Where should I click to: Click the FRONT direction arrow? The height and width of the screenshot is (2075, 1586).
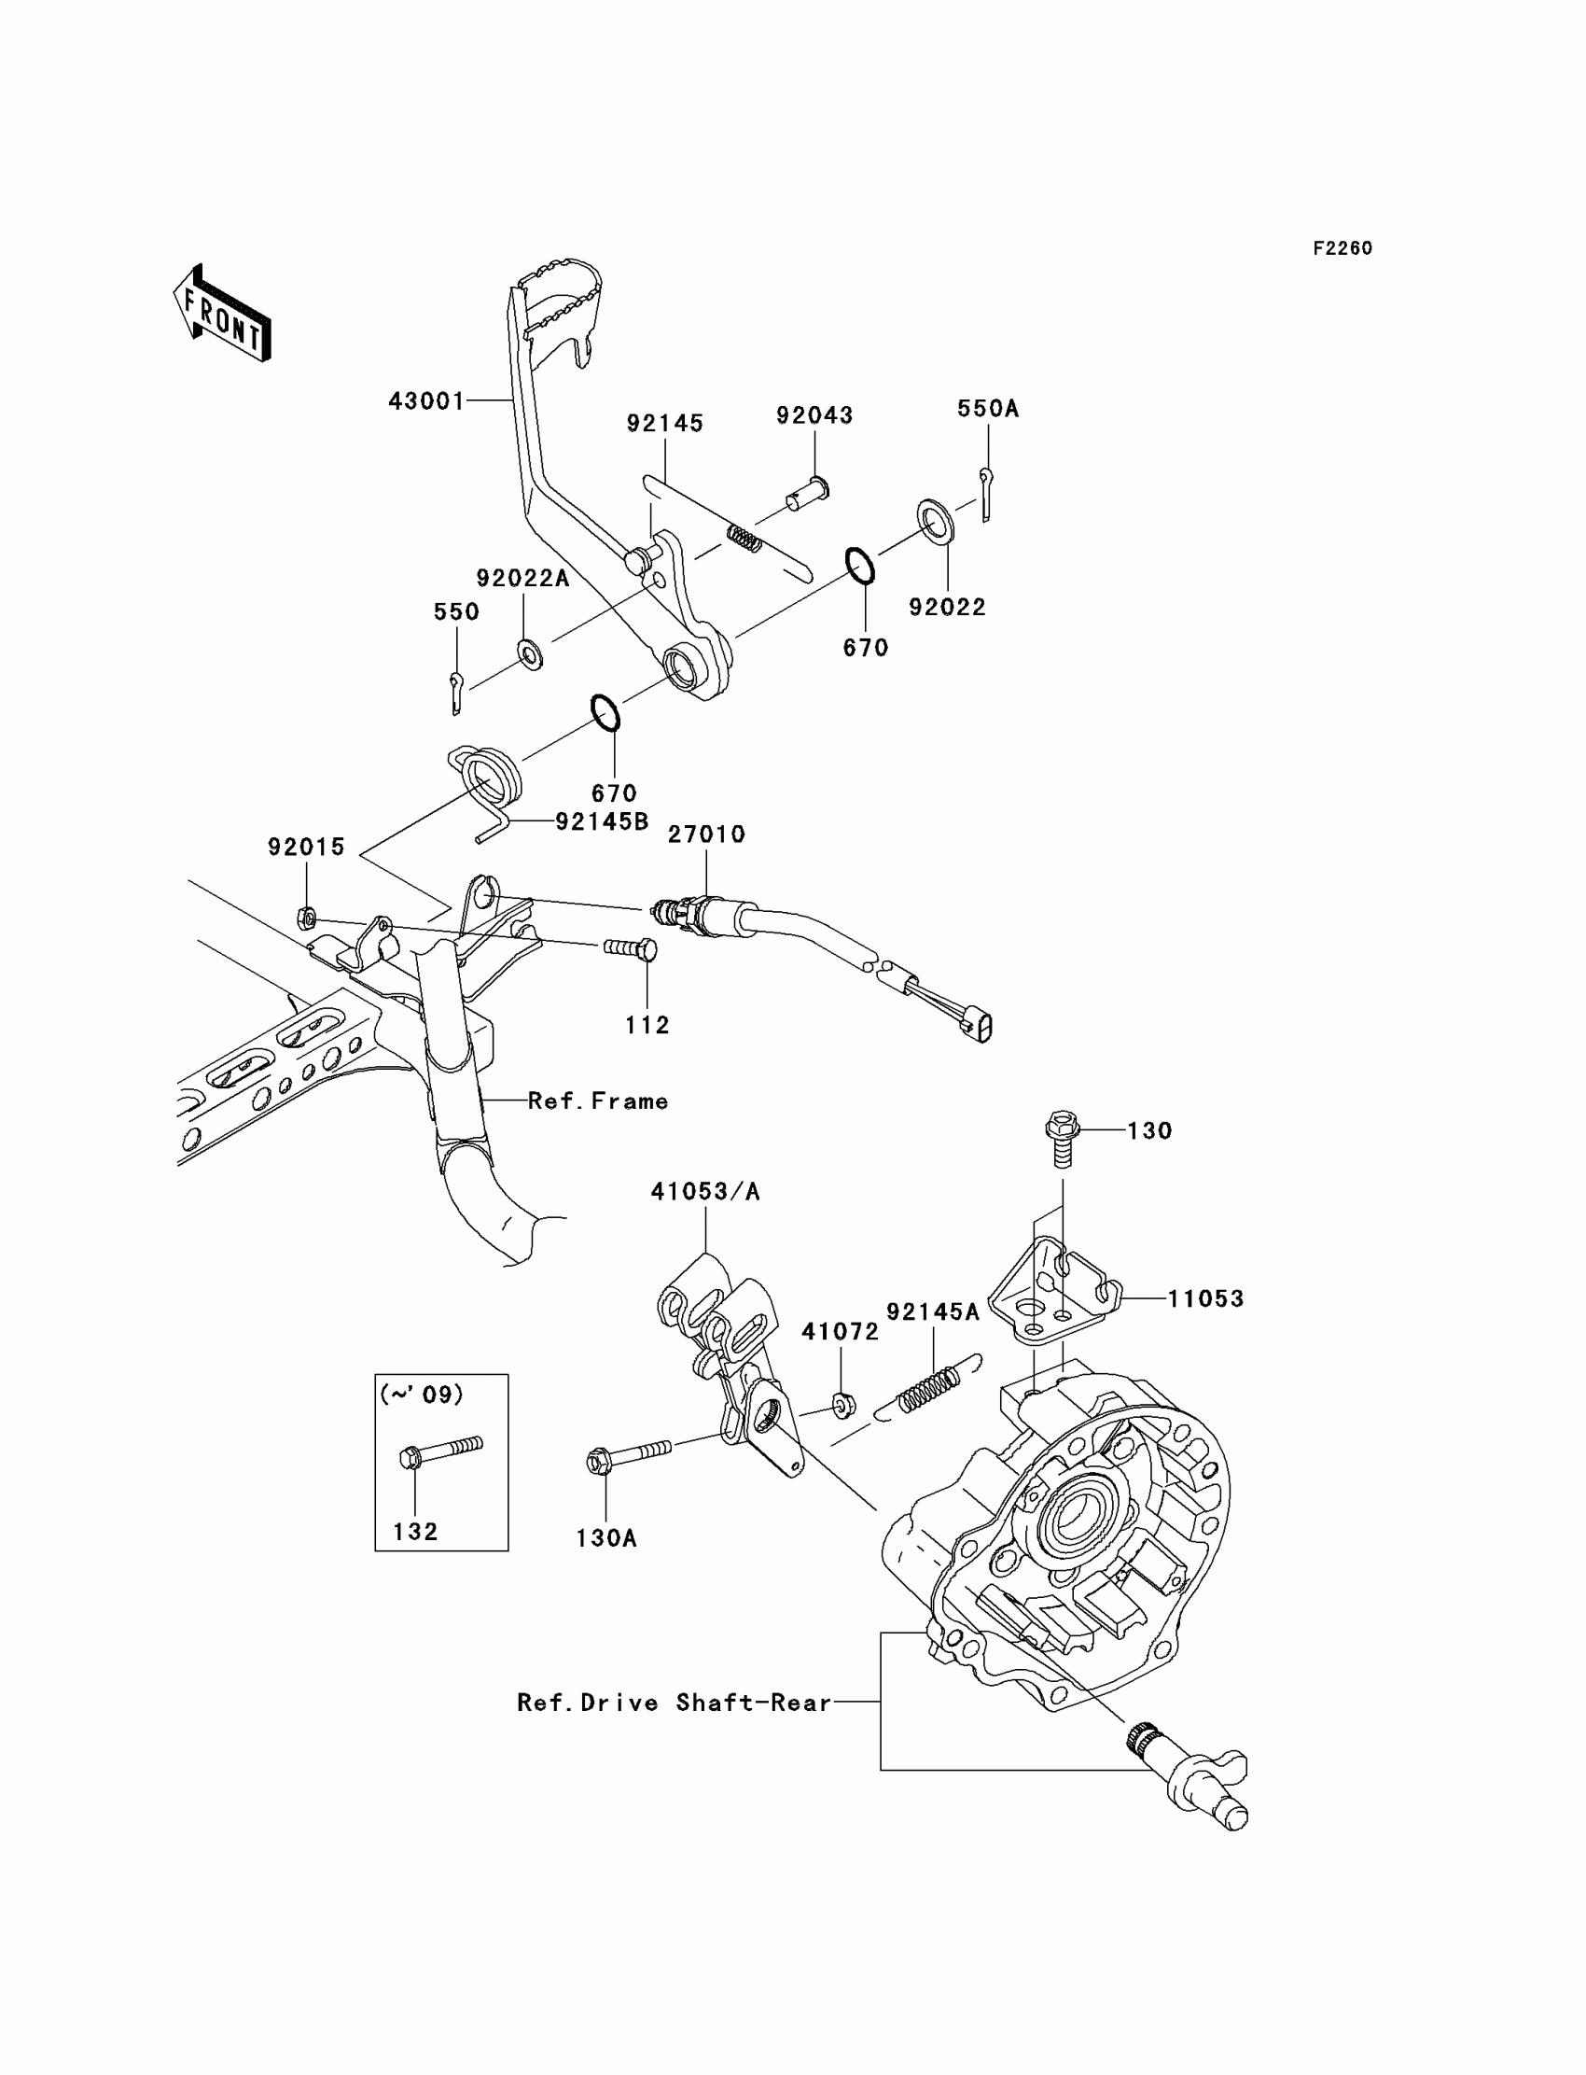pyautogui.click(x=222, y=315)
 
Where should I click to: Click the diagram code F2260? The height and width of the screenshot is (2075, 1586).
pyautogui.click(x=1342, y=248)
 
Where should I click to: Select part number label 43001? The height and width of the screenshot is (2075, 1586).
pyautogui.click(x=426, y=401)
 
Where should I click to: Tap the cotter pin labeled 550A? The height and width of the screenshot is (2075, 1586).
pyautogui.click(x=985, y=494)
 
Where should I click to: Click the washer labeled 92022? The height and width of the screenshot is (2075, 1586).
pyautogui.click(x=936, y=524)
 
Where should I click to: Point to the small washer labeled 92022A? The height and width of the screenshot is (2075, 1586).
pyautogui.click(x=530, y=653)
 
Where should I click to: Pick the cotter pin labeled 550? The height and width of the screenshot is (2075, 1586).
pyautogui.click(x=457, y=693)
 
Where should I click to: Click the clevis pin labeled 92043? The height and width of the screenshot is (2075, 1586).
pyautogui.click(x=808, y=493)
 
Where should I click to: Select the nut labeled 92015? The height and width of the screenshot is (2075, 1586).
pyautogui.click(x=306, y=916)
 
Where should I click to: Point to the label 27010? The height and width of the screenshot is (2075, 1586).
pyautogui.click(x=706, y=834)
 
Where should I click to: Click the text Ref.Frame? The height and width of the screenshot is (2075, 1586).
pyautogui.click(x=598, y=1101)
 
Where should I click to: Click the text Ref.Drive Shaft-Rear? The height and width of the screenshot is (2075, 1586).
pyautogui.click(x=674, y=1703)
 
